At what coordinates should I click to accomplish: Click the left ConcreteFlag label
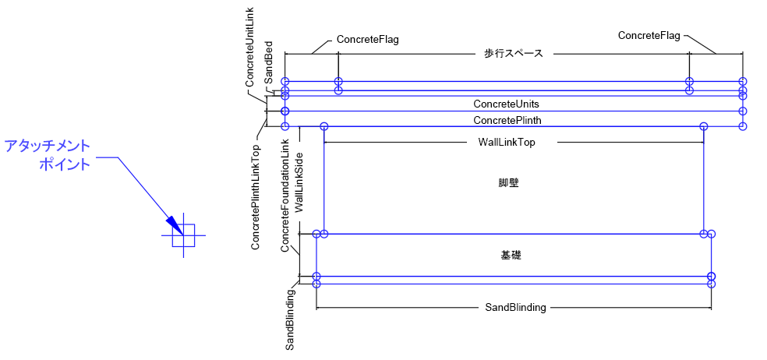(x=367, y=39)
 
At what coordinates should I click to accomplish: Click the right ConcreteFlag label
(x=649, y=35)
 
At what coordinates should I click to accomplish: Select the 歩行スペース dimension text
(x=513, y=54)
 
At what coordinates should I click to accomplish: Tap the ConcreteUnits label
(x=506, y=104)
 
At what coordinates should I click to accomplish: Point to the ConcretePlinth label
(x=507, y=120)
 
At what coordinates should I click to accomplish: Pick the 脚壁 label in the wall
(x=509, y=184)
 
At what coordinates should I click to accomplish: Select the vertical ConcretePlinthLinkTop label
(x=256, y=196)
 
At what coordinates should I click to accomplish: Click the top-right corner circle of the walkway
(x=743, y=81)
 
